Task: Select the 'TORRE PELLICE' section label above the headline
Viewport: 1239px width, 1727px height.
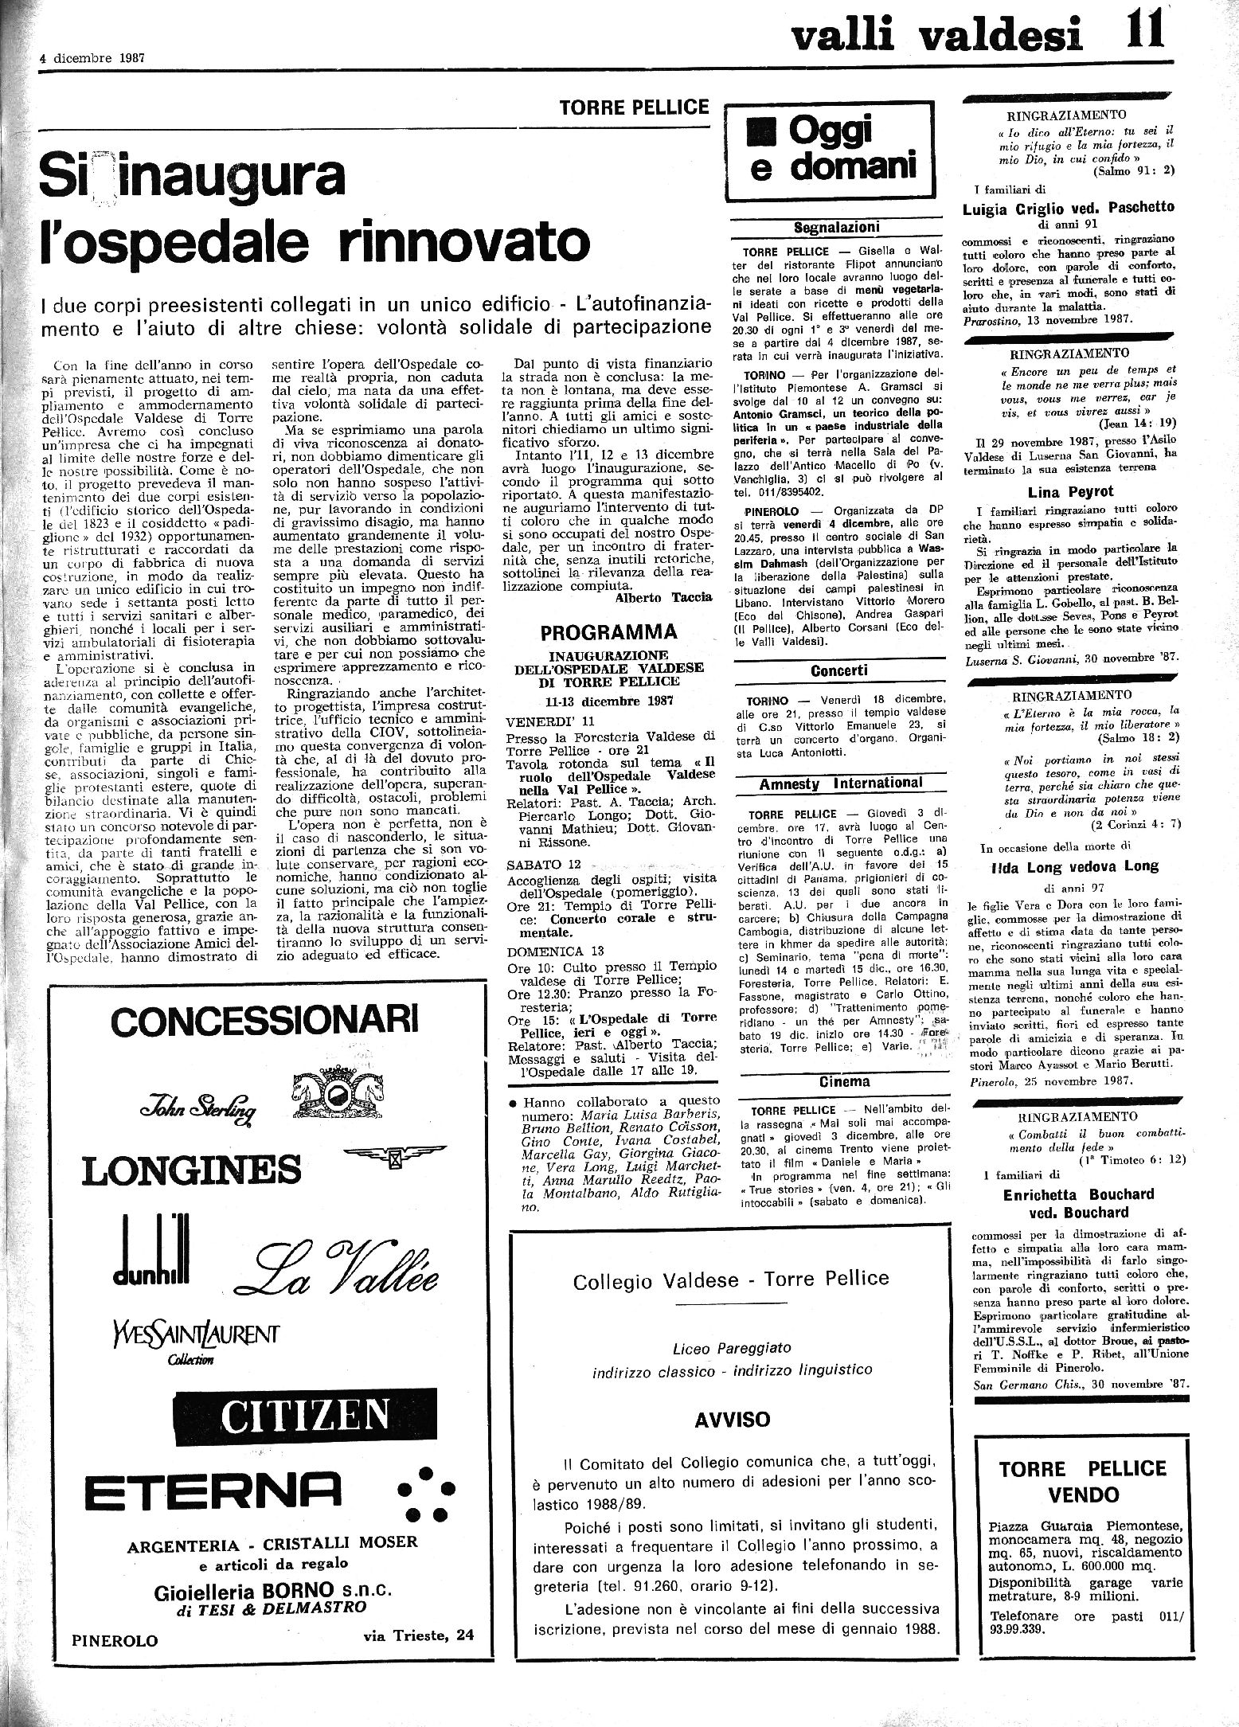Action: pyautogui.click(x=635, y=107)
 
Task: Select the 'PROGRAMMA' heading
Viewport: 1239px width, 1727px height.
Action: pyautogui.click(x=609, y=632)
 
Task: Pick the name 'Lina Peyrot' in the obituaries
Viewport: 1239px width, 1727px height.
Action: pyautogui.click(x=1072, y=491)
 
